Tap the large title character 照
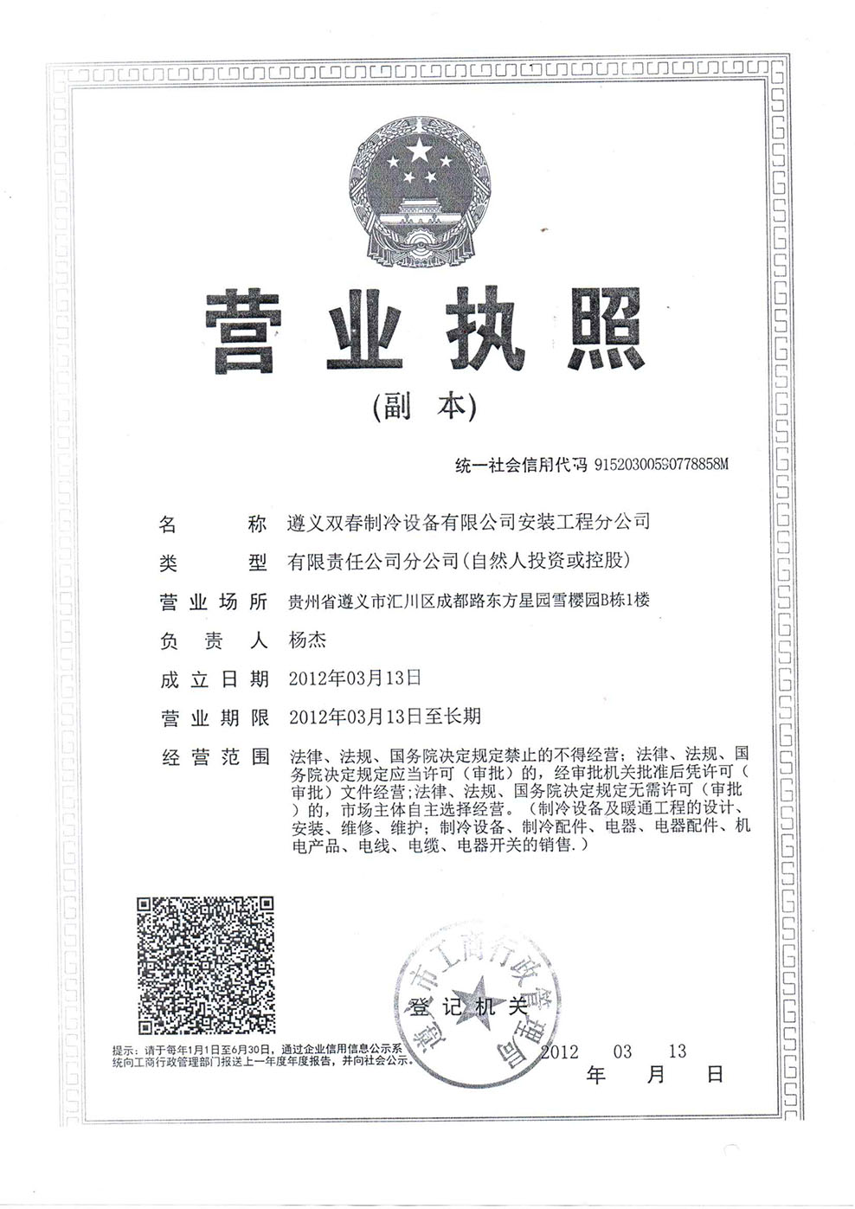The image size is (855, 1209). [597, 331]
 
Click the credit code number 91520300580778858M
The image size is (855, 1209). [662, 465]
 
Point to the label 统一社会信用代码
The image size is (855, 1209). [522, 465]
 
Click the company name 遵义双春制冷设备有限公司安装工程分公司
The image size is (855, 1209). [468, 522]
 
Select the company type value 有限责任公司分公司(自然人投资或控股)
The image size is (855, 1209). [459, 561]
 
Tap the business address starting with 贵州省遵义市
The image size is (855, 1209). [468, 600]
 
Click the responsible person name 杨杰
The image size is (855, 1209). [307, 640]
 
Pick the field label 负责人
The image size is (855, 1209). [214, 641]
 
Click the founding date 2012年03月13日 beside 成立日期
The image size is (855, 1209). [355, 678]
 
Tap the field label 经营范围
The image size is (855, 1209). [214, 757]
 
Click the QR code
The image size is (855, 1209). [207, 964]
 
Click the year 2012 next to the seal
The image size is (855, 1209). [559, 1051]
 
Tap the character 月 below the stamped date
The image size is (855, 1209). [656, 1076]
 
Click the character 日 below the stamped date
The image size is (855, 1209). [715, 1076]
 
